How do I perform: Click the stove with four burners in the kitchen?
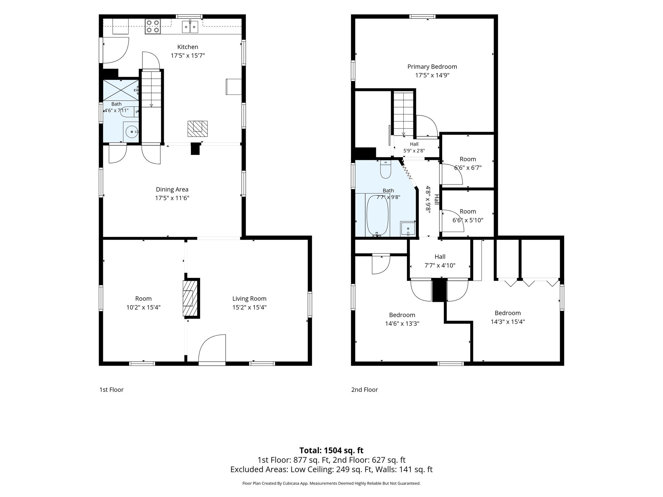point(153,27)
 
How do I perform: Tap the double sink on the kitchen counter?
point(190,27)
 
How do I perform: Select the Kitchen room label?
point(188,47)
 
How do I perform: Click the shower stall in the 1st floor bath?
point(121,90)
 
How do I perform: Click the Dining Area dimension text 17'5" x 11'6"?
point(172,198)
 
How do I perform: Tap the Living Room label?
point(249,299)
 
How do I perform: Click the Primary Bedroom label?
point(432,67)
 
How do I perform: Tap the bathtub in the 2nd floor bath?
point(377,215)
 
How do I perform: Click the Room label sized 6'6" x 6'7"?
point(468,159)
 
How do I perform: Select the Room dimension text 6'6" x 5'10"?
point(468,220)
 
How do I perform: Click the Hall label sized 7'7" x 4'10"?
point(440,257)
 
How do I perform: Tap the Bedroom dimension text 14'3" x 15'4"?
point(508,322)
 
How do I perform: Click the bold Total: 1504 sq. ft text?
point(331,450)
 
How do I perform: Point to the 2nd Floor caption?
point(365,390)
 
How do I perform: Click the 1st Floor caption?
point(111,390)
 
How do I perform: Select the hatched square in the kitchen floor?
point(197,128)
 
